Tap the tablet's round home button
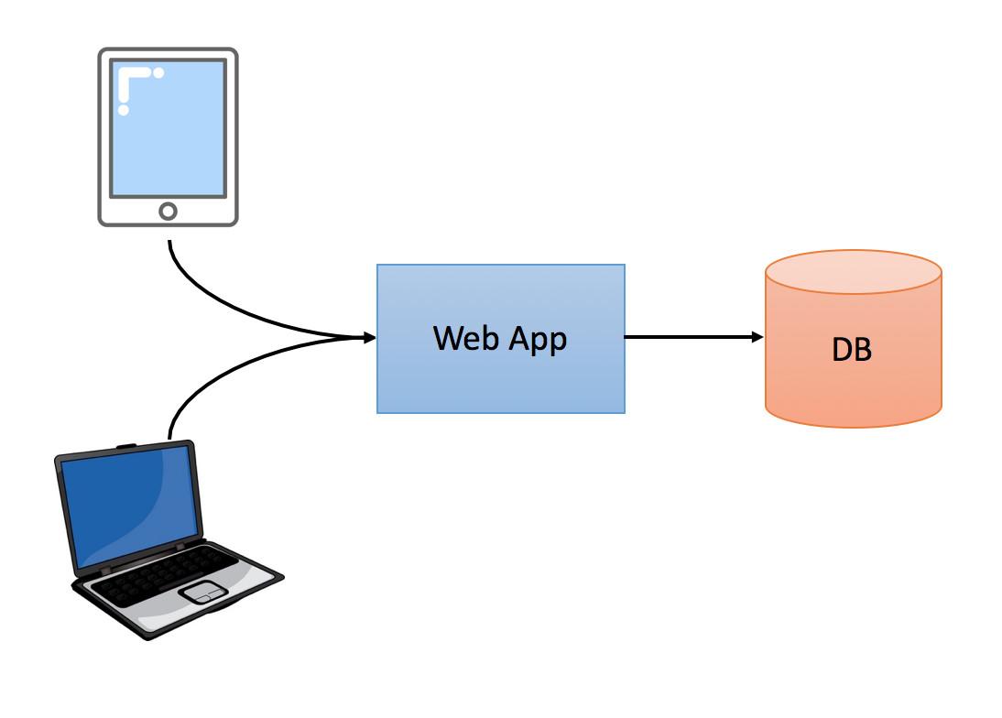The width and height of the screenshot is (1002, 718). [x=168, y=212]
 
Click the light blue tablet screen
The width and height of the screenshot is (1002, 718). [x=168, y=137]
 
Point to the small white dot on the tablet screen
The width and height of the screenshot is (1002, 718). [x=158, y=72]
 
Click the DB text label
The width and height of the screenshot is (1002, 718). [x=852, y=350]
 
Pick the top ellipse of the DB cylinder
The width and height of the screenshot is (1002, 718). [x=853, y=271]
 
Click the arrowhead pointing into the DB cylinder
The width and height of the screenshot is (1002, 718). [x=757, y=338]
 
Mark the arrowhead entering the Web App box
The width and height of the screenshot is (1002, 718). [x=370, y=338]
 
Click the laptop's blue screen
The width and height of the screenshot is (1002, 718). [x=133, y=504]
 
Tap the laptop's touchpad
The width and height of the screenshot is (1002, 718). [x=203, y=592]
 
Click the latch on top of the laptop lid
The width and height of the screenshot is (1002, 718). [x=126, y=446]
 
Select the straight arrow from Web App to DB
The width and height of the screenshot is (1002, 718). [x=692, y=338]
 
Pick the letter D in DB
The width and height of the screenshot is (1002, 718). [x=842, y=350]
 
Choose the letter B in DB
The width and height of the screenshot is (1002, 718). [x=863, y=350]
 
